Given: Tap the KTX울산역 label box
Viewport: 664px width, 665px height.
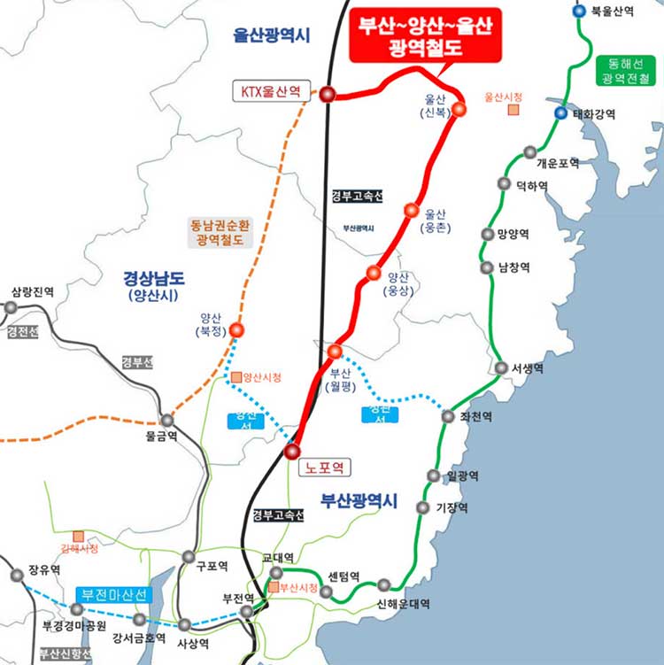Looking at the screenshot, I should click(275, 91).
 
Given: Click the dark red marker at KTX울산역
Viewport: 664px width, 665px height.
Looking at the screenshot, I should click(327, 94).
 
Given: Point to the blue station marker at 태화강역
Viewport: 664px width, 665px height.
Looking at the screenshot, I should click(560, 113).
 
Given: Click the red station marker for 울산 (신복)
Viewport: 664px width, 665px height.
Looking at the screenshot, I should click(459, 109).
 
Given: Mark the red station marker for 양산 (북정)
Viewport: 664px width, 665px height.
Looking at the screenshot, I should click(236, 330).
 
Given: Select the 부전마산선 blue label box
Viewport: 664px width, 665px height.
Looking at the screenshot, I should click(113, 593).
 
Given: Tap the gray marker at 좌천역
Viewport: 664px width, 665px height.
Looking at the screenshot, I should click(448, 416).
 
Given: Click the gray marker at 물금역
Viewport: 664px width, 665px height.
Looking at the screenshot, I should click(166, 421).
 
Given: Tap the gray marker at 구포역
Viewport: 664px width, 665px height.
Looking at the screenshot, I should click(188, 557).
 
